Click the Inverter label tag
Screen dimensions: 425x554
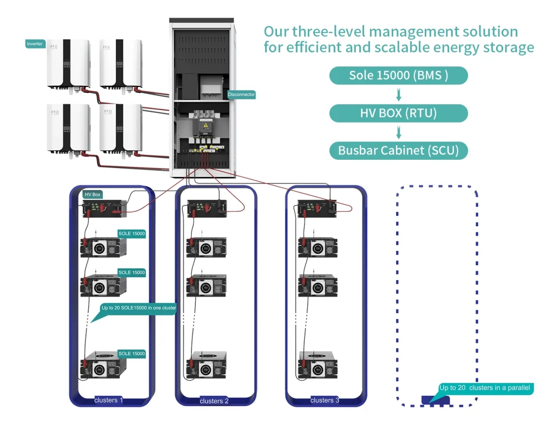(35, 44)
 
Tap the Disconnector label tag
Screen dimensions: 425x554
(241, 95)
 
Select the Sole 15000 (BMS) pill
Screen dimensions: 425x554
(398, 76)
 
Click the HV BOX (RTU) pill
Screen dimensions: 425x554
(398, 113)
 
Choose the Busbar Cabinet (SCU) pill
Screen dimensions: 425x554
(398, 150)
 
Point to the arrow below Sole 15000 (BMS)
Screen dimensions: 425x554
(399, 95)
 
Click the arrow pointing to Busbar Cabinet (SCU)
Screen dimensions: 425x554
(399, 132)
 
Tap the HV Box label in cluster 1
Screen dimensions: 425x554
(93, 194)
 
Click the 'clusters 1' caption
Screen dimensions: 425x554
(109, 400)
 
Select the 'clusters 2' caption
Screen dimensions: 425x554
(214, 401)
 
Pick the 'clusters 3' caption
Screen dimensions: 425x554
(325, 400)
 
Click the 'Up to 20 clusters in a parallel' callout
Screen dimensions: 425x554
(485, 388)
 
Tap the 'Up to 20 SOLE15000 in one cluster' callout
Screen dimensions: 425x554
(138, 308)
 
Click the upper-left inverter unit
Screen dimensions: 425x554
(68, 64)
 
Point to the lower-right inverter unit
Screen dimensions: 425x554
(121, 129)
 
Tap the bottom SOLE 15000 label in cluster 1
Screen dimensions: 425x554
(131, 354)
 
